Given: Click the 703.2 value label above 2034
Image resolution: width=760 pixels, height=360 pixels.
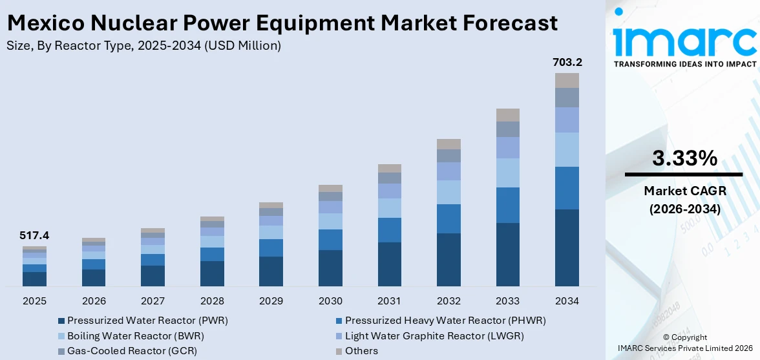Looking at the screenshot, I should point(567,63).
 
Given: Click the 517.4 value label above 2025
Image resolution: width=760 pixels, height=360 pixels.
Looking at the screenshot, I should point(34,236).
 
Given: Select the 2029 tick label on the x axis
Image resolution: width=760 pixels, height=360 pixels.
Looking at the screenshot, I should point(271,301).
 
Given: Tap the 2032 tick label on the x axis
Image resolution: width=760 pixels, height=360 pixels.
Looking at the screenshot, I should point(449,301).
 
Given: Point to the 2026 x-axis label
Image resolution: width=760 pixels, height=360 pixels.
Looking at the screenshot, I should point(94,301).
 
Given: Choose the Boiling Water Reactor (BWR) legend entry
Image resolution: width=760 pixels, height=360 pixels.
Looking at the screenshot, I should point(136,335).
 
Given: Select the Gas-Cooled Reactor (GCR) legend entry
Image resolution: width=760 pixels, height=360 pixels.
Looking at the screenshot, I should point(132,351).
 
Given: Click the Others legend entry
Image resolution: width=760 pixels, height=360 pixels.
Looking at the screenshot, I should point(361,351).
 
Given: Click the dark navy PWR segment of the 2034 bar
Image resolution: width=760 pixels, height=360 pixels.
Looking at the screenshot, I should point(567,248).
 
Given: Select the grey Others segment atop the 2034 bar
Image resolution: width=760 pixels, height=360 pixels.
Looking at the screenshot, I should point(567,80).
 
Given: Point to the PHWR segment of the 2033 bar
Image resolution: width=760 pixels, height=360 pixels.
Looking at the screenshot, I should point(508,205).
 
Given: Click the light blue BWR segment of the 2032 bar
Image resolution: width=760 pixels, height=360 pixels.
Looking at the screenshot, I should point(449,192).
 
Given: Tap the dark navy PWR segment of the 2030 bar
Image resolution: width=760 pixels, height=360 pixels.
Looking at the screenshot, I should point(330,268).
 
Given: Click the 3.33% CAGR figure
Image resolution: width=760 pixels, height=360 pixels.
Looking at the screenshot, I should point(684,158).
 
